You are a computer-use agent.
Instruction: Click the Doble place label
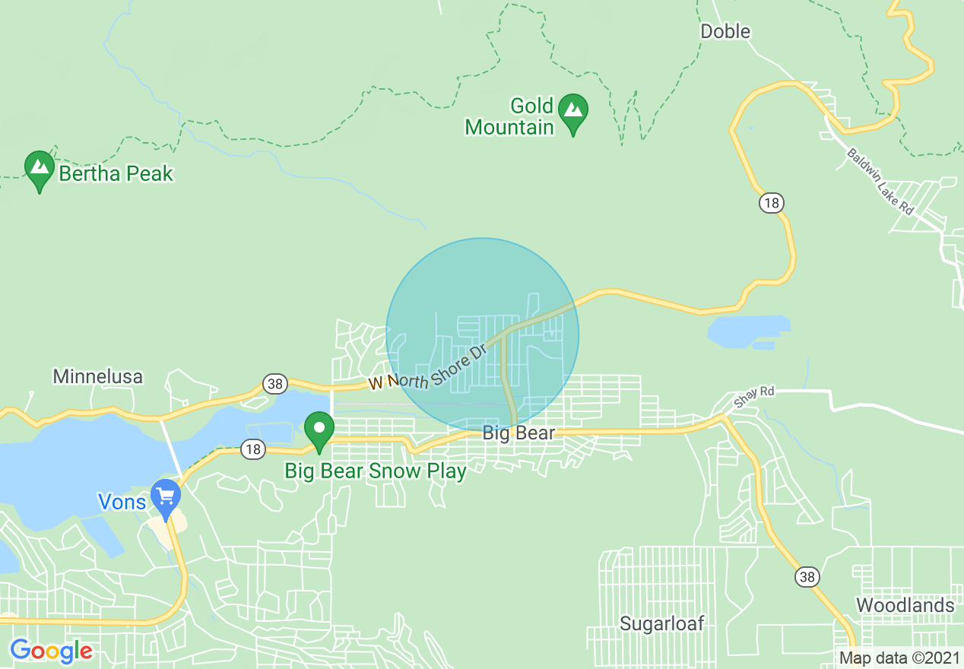pyautogui.click(x=725, y=31)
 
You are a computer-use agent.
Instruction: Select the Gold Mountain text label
pyautogui.click(x=509, y=116)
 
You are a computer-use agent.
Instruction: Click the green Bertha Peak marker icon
pyautogui.click(x=39, y=170)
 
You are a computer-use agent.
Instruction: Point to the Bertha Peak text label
pyautogui.click(x=116, y=173)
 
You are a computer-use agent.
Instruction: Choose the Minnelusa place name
pyautogui.click(x=97, y=376)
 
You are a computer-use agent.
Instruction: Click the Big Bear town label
pyautogui.click(x=518, y=433)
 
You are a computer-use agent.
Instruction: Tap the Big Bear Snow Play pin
pyautogui.click(x=319, y=430)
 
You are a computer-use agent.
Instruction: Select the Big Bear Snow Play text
pyautogui.click(x=375, y=471)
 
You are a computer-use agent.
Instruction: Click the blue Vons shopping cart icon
pyautogui.click(x=165, y=496)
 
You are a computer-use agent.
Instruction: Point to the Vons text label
pyautogui.click(x=122, y=502)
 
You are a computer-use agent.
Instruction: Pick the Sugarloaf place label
pyautogui.click(x=661, y=624)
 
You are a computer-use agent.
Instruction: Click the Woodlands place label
pyautogui.click(x=905, y=605)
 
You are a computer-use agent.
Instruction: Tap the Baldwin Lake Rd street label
pyautogui.click(x=880, y=181)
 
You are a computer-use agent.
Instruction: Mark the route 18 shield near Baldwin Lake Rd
pyautogui.click(x=770, y=203)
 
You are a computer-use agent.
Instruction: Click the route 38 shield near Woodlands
pyautogui.click(x=807, y=578)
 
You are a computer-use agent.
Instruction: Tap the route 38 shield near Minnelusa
pyautogui.click(x=274, y=384)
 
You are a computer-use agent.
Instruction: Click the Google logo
pyautogui.click(x=51, y=652)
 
